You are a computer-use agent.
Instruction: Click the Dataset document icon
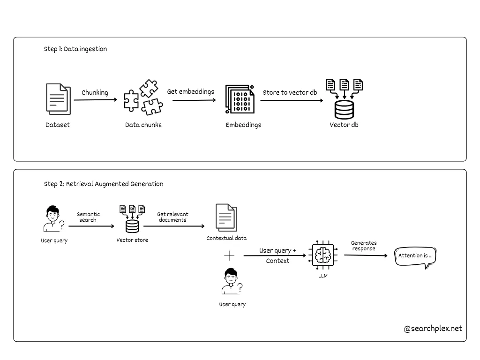click(x=58, y=99)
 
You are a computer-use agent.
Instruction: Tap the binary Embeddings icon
click(x=240, y=99)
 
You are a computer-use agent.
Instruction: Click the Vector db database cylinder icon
click(x=344, y=109)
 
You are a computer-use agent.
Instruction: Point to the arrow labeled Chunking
click(x=95, y=100)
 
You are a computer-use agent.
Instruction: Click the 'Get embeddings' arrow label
click(x=190, y=91)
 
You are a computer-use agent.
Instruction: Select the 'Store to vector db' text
click(x=290, y=92)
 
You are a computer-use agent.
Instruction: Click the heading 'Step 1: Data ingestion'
click(x=75, y=49)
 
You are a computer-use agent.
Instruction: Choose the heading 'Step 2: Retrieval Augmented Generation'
click(x=104, y=184)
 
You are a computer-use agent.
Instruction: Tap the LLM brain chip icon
click(x=323, y=256)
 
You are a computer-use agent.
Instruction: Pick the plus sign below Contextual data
click(x=229, y=255)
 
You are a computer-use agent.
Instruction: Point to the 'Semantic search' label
click(x=88, y=217)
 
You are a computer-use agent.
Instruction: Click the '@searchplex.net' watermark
click(x=433, y=328)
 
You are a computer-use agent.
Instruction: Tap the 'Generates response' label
click(x=364, y=246)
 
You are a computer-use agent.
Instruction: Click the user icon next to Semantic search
click(x=52, y=219)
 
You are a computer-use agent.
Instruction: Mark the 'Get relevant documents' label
click(x=172, y=217)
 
